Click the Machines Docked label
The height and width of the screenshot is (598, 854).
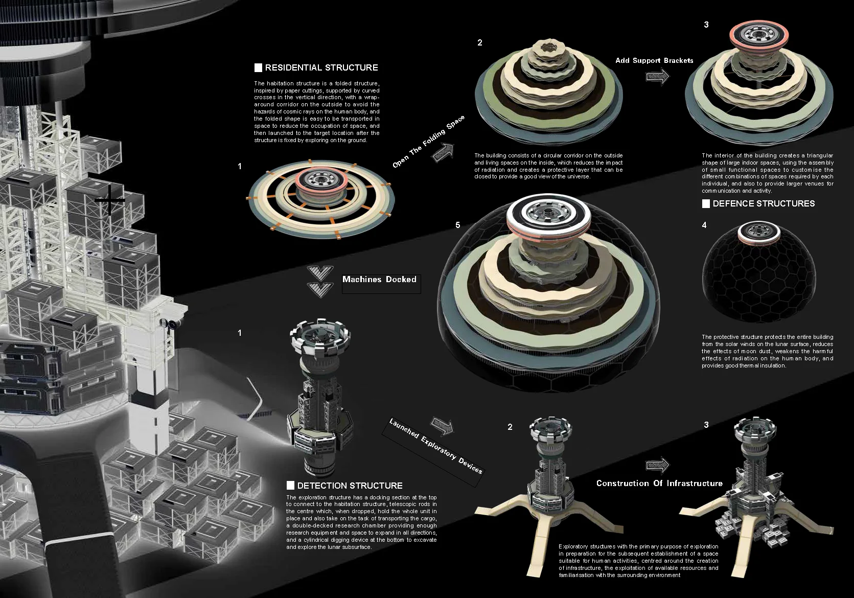[x=379, y=279]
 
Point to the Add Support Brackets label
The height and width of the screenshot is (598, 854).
[x=654, y=60]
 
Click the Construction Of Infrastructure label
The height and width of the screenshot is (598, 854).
[x=659, y=483]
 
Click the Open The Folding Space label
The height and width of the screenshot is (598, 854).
[x=428, y=141]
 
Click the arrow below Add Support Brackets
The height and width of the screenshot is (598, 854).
[x=657, y=77]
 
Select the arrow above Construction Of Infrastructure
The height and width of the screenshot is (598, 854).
[x=657, y=465]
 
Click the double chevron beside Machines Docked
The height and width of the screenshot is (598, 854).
[x=320, y=282]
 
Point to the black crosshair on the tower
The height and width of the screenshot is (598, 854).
[x=110, y=200]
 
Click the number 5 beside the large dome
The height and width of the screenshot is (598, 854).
[x=458, y=225]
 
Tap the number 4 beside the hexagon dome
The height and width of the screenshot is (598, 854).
[x=704, y=225]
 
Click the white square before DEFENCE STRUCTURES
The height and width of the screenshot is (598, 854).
[x=706, y=203]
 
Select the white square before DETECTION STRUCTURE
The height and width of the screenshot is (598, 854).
[x=290, y=486]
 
